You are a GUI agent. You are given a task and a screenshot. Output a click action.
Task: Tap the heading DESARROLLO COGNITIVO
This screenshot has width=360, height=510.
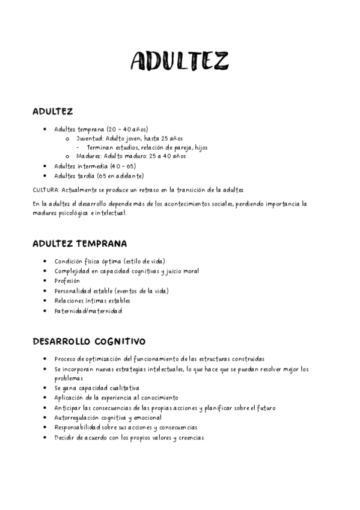tap(88, 341)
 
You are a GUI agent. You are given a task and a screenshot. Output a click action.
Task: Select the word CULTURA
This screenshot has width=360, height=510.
tap(46, 190)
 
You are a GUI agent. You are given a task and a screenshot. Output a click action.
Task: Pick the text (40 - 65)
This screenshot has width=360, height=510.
tap(123, 166)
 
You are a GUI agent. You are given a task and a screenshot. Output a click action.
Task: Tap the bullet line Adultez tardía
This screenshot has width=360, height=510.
tap(99, 176)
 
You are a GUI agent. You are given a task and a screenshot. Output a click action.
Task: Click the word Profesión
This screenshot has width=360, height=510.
tap(67, 280)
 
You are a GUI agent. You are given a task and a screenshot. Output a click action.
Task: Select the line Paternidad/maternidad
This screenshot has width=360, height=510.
tap(88, 311)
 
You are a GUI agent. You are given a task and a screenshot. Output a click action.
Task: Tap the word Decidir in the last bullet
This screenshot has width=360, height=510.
tap(64, 437)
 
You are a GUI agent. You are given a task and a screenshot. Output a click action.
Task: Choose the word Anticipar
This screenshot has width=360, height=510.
tap(67, 408)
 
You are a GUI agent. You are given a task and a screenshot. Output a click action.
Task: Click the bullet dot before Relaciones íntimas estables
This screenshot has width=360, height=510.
tap(46, 301)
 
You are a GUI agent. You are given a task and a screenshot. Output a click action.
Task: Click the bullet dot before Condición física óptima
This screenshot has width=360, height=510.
tap(46, 261)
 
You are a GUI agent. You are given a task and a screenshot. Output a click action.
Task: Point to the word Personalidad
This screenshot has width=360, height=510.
tap(74, 290)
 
